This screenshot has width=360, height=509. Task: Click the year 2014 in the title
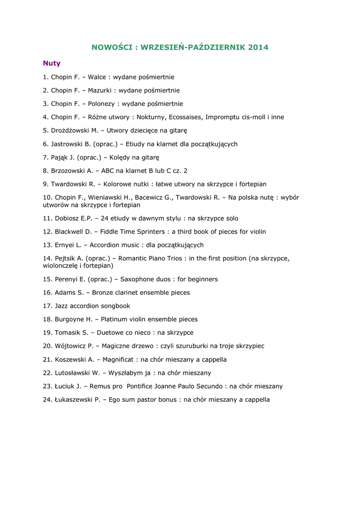(258, 47)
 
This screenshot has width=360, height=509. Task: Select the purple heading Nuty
(52, 63)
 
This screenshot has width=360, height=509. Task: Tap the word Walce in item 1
(97, 77)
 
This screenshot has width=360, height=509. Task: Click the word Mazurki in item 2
(100, 90)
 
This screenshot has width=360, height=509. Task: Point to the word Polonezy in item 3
(102, 104)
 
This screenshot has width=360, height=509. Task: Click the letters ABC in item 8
(108, 171)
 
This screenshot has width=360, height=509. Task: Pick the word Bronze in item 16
(103, 293)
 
